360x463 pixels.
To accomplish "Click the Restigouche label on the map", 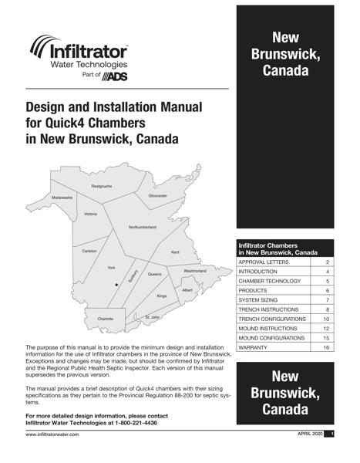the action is (x=102, y=187).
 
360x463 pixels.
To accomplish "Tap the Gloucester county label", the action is (x=158, y=196).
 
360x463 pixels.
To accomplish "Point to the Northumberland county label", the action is (x=142, y=227).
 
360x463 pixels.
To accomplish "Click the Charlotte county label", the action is (x=105, y=319).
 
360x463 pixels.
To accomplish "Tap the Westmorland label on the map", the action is (x=195, y=271).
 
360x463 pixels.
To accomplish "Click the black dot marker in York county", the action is (x=116, y=285).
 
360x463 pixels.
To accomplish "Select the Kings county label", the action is (x=162, y=296).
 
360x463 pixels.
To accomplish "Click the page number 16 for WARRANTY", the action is (x=326, y=348).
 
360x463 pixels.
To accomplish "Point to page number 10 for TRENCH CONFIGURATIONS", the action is (x=326, y=319).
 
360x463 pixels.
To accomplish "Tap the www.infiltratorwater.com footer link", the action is (x=54, y=436).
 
